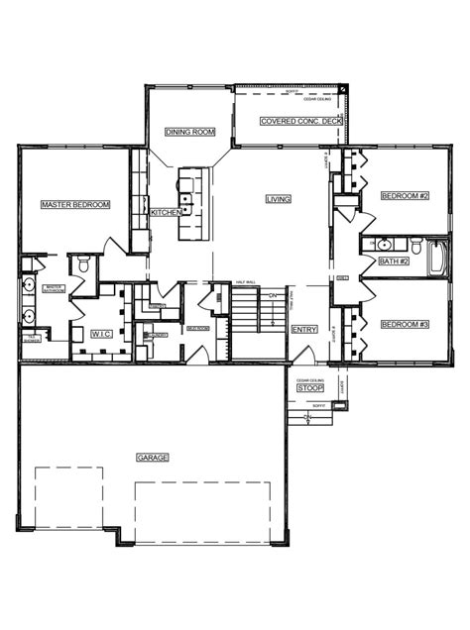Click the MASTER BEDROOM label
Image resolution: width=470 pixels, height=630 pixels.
coord(75,205)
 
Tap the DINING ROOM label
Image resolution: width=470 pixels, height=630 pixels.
coord(188,131)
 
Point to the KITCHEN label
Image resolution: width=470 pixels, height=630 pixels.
coord(165,213)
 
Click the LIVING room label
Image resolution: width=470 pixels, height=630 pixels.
coord(278,199)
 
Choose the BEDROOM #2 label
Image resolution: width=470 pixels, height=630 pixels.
coord(405,196)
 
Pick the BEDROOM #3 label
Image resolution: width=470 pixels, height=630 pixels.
coord(405,325)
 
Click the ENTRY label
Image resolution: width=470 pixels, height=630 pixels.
coord(303,330)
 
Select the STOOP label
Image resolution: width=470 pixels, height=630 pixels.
coord(309,388)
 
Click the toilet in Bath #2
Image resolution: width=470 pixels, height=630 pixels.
coord(416,245)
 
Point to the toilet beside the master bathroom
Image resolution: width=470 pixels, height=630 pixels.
coord(84,264)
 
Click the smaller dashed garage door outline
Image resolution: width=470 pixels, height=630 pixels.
coord(68,503)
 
